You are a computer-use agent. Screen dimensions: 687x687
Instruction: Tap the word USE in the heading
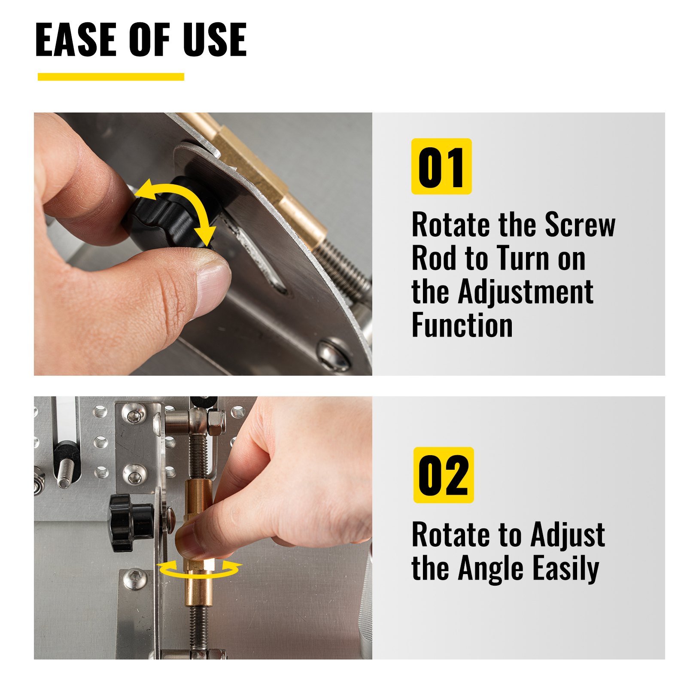[214, 40]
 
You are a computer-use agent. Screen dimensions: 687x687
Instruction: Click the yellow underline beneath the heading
[111, 77]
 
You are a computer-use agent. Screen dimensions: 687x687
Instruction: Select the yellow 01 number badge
[441, 166]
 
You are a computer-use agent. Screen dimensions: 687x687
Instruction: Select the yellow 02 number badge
[443, 475]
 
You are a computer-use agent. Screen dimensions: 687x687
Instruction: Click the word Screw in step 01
[580, 225]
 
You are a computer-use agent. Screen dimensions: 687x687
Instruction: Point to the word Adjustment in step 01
[526, 292]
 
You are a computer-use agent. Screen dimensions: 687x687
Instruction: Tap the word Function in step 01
[462, 325]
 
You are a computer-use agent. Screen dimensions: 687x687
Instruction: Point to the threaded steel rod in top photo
[343, 266]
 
